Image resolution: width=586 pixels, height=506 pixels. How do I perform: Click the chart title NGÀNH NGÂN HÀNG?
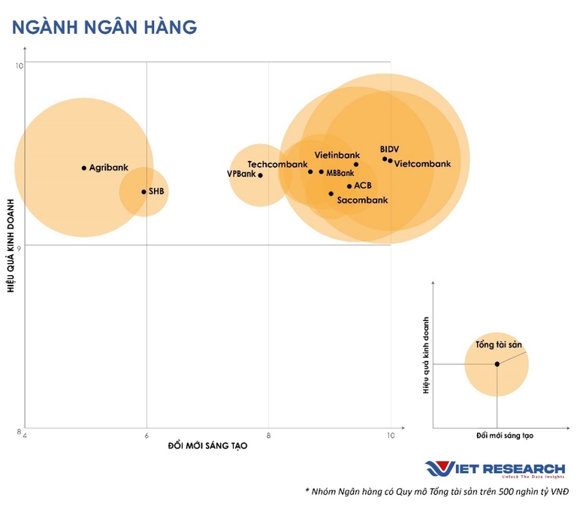(x=104, y=27)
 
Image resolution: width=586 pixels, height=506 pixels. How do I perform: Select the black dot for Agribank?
(x=84, y=168)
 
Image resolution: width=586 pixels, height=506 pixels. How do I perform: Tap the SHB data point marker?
(x=144, y=192)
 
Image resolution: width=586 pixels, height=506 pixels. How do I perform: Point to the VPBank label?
(x=241, y=174)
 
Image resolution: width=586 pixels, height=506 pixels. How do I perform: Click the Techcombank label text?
(x=277, y=165)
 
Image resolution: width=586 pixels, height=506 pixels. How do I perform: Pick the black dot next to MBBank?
(x=322, y=171)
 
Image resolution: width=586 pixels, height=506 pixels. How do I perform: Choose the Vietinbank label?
(x=337, y=155)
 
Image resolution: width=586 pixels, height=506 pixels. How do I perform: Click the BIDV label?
(x=389, y=149)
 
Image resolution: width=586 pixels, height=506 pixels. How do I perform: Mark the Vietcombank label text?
(x=422, y=164)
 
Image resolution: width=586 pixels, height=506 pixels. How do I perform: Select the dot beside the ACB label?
(x=349, y=186)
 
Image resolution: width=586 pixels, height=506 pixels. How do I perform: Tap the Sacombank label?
(x=363, y=200)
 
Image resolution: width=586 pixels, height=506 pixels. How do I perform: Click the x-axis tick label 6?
(x=146, y=435)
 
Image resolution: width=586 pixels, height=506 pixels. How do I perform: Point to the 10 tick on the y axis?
(x=19, y=66)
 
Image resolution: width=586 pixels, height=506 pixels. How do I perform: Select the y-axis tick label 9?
(x=19, y=247)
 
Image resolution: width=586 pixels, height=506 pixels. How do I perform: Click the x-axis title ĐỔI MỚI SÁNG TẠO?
(x=208, y=445)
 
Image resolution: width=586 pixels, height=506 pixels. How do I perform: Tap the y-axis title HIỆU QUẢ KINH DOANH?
(x=11, y=246)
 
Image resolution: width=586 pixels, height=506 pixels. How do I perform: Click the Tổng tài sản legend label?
(x=499, y=344)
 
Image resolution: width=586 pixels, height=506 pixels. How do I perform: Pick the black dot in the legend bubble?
(x=497, y=364)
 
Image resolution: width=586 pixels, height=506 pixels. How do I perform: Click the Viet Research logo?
(x=495, y=469)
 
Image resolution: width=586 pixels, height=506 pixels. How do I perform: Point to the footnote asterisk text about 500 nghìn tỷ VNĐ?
(x=437, y=492)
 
